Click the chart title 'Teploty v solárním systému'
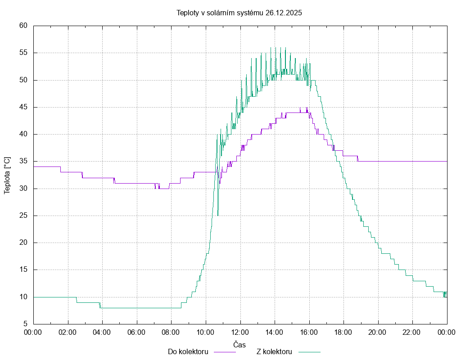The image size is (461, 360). click(x=220, y=13)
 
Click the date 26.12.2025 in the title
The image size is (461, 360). click(x=284, y=13)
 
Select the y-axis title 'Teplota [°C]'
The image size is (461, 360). click(x=7, y=175)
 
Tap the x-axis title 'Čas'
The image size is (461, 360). click(x=240, y=344)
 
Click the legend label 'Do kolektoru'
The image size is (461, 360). click(x=188, y=351)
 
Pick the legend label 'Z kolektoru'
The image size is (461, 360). click(x=274, y=351)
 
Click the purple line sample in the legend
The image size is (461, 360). click(x=224, y=352)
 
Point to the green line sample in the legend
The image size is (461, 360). click(x=308, y=352)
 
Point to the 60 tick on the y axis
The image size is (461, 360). click(x=24, y=26)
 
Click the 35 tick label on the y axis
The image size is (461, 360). click(x=24, y=161)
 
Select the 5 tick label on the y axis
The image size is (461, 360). click(x=26, y=324)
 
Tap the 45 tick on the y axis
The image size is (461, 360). click(x=24, y=107)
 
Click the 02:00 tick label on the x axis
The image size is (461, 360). click(x=68, y=332)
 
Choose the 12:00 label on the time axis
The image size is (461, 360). click(x=240, y=332)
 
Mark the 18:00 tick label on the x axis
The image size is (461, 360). click(x=343, y=332)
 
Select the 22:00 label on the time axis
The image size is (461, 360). click(x=412, y=332)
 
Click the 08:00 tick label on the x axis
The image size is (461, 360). click(x=171, y=332)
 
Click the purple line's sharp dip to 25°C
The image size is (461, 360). click(x=218, y=215)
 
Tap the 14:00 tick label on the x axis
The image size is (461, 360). click(x=275, y=332)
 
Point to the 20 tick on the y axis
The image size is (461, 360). click(x=24, y=243)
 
